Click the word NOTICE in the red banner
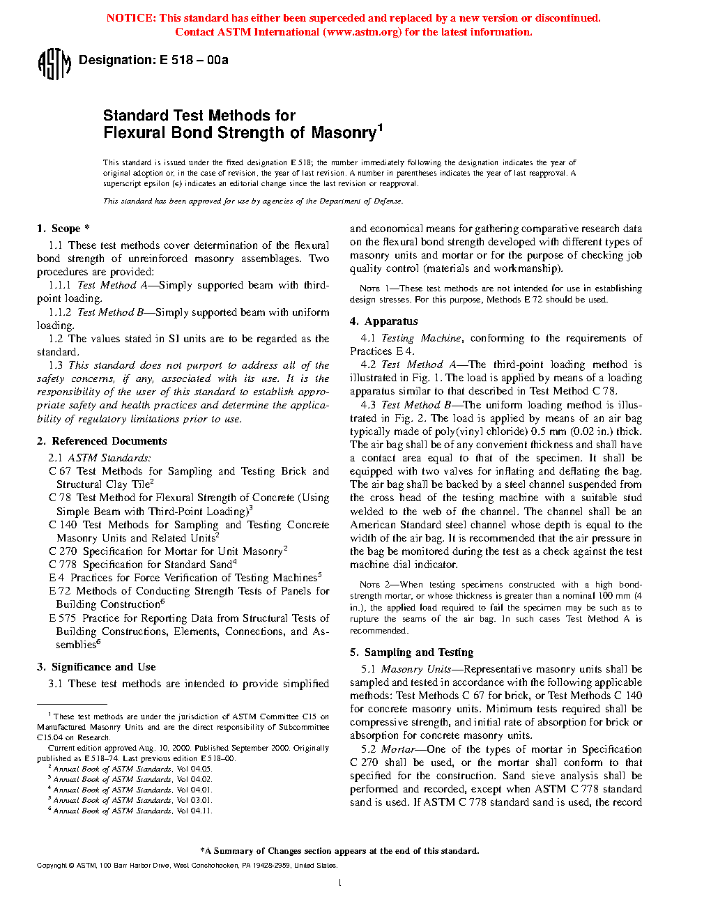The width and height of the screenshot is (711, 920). click(x=130, y=18)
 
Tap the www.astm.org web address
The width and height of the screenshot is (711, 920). click(x=362, y=32)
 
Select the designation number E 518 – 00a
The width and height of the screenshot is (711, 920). click(x=194, y=60)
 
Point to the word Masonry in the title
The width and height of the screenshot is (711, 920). click(x=344, y=133)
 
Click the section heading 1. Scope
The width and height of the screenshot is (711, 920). click(x=63, y=229)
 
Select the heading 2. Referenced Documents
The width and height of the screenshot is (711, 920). click(x=102, y=441)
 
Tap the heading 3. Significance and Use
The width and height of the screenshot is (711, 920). click(x=96, y=667)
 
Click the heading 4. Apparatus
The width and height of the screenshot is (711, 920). click(x=384, y=321)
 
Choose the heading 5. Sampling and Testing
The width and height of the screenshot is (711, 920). click(x=411, y=652)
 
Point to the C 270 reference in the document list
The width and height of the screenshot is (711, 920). click(x=63, y=551)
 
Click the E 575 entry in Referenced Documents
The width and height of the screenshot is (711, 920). click(x=63, y=618)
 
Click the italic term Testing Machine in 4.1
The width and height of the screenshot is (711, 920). click(x=421, y=338)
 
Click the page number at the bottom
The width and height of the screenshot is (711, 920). click(x=339, y=883)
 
